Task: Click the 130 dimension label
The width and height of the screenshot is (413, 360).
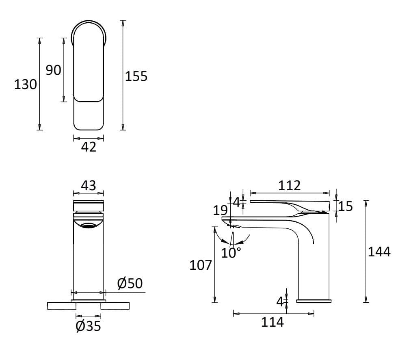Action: (25, 85)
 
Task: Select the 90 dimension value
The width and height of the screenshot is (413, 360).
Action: (53, 70)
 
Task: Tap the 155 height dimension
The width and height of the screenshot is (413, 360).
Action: (136, 76)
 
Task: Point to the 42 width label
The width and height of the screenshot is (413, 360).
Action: (89, 147)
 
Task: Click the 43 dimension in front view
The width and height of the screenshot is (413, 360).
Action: (89, 185)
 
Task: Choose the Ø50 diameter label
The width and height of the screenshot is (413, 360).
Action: (130, 283)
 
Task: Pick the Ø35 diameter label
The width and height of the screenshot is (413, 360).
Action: (88, 325)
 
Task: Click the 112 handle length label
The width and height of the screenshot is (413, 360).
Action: (289, 185)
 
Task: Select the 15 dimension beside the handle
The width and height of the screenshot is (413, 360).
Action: (346, 206)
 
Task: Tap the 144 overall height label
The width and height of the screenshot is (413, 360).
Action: (379, 252)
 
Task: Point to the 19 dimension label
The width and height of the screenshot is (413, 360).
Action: (221, 210)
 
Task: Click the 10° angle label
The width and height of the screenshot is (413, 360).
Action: (231, 253)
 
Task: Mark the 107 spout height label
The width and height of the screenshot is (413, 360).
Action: (201, 265)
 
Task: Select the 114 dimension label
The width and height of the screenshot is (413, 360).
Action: (272, 322)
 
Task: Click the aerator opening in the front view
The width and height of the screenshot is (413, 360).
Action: (88, 226)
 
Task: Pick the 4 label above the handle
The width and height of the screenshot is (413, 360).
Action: (237, 201)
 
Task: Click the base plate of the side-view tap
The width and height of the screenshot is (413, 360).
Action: (314, 301)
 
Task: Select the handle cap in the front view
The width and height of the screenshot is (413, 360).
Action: (88, 205)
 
